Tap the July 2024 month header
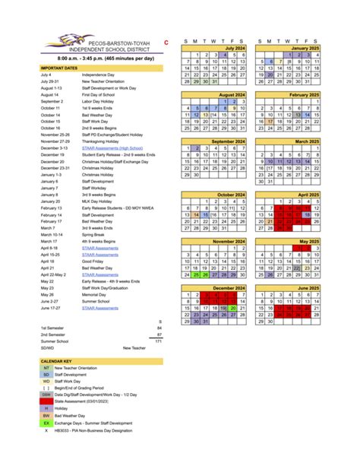click(x=215, y=48)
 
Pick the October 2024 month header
click(x=215, y=194)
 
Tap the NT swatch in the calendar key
click(x=46, y=366)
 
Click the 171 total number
click(x=158, y=341)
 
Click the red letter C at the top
click(x=166, y=43)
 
